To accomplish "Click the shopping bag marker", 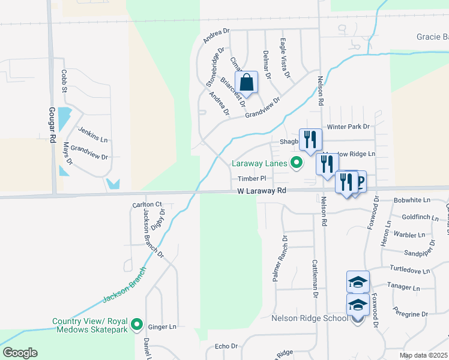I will click(246, 82).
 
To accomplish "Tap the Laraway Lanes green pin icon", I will click(296, 163).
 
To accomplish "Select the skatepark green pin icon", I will click(137, 325).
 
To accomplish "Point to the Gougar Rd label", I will click(53, 125).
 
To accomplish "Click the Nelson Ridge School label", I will click(310, 318).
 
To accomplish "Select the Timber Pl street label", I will click(251, 179).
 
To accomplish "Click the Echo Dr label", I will click(226, 346).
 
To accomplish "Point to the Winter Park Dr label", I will click(348, 127).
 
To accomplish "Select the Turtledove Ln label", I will click(409, 271).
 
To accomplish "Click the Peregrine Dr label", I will click(410, 314).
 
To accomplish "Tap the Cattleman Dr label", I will click(315, 278).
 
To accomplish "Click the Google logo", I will click(20, 353).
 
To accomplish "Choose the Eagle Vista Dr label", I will click(284, 58).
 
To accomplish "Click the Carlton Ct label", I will click(147, 205).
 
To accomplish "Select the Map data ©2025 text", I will click(423, 355).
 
